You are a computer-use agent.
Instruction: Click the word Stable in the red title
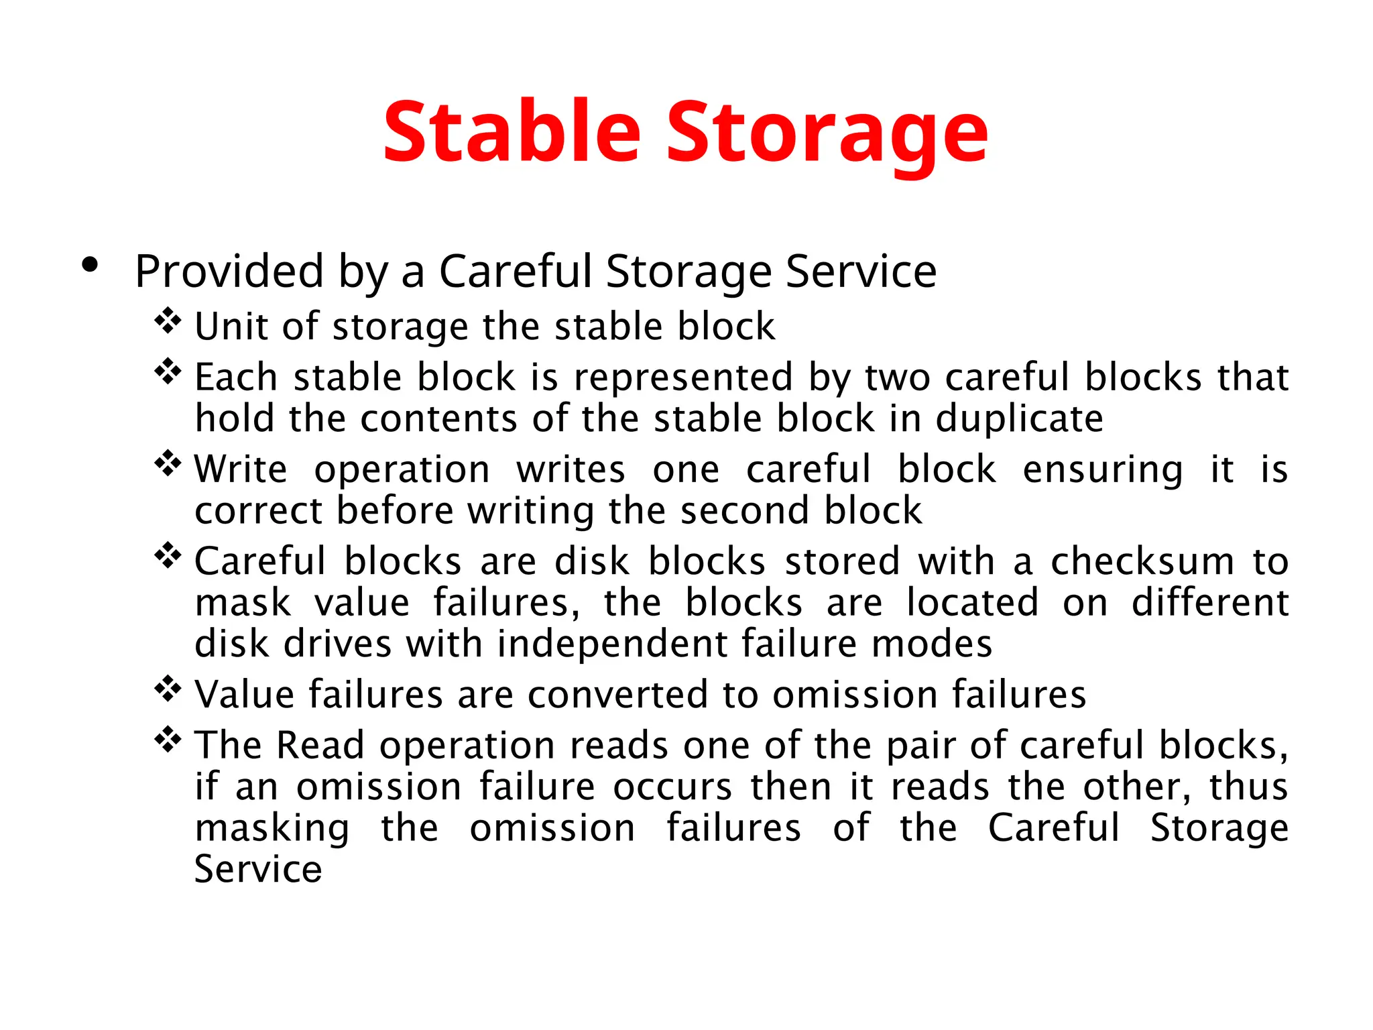[512, 132]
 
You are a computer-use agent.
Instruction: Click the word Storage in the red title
[826, 132]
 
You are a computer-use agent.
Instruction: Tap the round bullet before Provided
[89, 266]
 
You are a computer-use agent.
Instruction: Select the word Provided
[229, 272]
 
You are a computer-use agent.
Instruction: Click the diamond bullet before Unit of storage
[168, 321]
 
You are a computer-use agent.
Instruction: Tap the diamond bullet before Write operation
[168, 464]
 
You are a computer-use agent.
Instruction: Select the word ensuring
[1102, 469]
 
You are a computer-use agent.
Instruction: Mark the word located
[972, 603]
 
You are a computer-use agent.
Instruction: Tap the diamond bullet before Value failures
[168, 689]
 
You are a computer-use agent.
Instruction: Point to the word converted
[617, 695]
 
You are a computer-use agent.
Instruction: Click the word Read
[320, 746]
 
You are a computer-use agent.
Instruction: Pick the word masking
[272, 829]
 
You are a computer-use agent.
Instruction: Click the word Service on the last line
[258, 870]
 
